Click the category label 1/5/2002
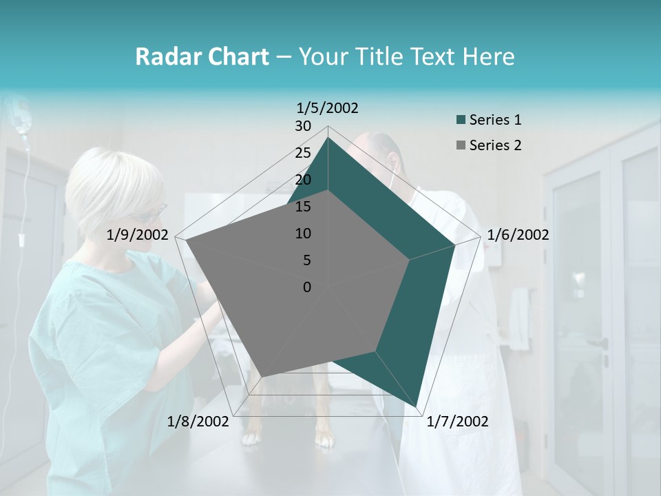click(x=328, y=107)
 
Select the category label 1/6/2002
click(x=518, y=235)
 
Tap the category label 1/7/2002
click(x=457, y=422)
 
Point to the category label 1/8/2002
click(x=198, y=422)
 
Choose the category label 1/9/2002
click(x=138, y=235)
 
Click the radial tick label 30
click(x=303, y=126)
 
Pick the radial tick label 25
click(x=303, y=153)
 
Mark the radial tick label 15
click(x=303, y=207)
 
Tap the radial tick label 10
click(x=303, y=234)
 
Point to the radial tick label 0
click(x=307, y=287)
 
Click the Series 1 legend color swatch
click(x=461, y=121)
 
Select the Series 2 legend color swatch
click(x=461, y=145)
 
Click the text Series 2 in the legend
click(x=495, y=145)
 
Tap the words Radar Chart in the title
click(x=202, y=57)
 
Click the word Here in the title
click(x=488, y=57)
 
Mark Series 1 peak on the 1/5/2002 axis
click(x=328, y=138)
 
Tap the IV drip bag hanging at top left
click(x=22, y=117)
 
